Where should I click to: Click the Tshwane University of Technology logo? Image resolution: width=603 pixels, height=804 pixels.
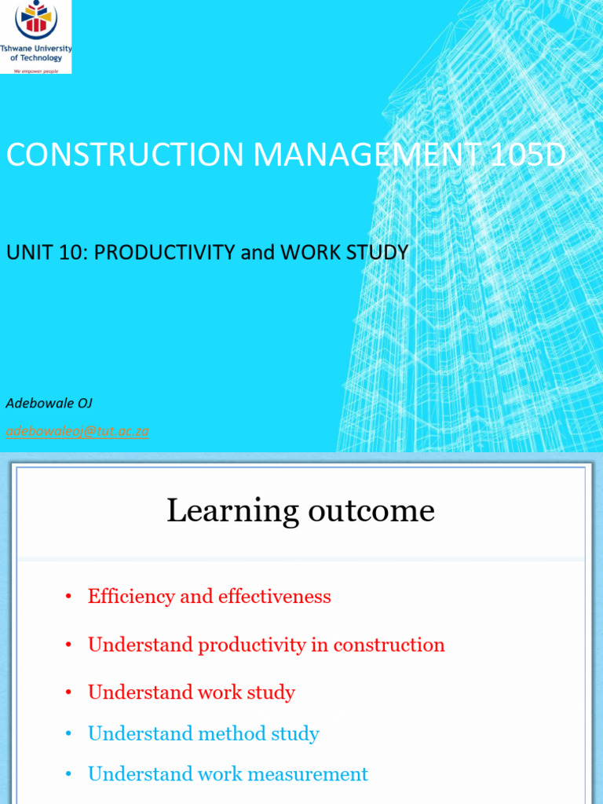click(x=36, y=37)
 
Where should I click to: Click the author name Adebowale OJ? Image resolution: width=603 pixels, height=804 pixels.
click(x=49, y=404)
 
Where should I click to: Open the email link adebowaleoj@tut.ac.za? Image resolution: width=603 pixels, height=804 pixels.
click(x=77, y=431)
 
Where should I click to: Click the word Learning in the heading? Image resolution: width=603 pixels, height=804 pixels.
click(x=227, y=511)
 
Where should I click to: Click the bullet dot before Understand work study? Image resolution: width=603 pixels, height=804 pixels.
click(x=69, y=693)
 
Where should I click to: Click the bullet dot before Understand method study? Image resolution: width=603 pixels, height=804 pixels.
click(x=69, y=735)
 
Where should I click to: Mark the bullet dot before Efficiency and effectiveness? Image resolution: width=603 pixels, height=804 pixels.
click(x=69, y=598)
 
